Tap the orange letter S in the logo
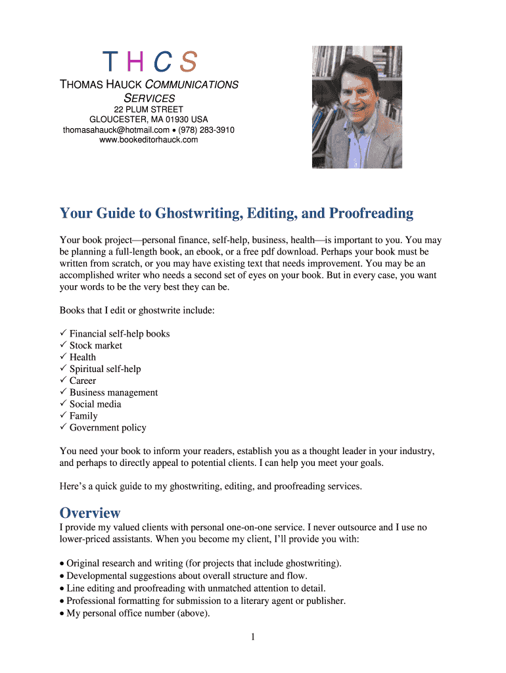tap(188, 62)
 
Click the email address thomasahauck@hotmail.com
tap(116, 130)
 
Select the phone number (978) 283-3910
tap(206, 130)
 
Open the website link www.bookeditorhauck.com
tap(149, 139)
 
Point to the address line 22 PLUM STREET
tap(149, 109)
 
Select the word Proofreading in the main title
tap(371, 214)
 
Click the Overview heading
tap(90, 513)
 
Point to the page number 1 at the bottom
tap(253, 637)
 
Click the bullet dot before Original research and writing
tap(62, 564)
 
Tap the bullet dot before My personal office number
tap(62, 614)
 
